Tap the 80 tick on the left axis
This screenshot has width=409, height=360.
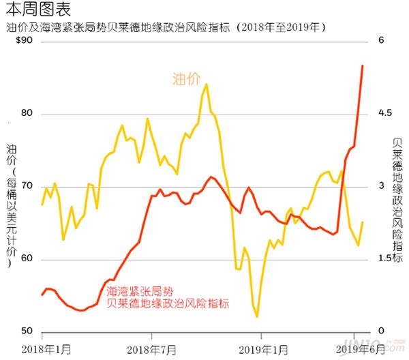click(x=28, y=113)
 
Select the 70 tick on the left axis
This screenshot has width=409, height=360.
click(x=28, y=186)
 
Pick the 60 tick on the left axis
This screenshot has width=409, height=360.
click(x=28, y=259)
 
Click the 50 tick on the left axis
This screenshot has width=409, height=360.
click(x=28, y=332)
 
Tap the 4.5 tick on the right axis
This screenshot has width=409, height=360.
click(x=386, y=113)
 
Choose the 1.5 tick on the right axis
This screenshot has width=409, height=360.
click(x=386, y=259)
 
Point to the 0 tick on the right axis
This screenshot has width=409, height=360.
click(x=382, y=332)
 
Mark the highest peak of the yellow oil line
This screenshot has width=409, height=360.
click(x=206, y=85)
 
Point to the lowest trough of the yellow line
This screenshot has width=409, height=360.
click(x=257, y=316)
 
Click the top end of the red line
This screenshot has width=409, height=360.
click(x=362, y=65)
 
